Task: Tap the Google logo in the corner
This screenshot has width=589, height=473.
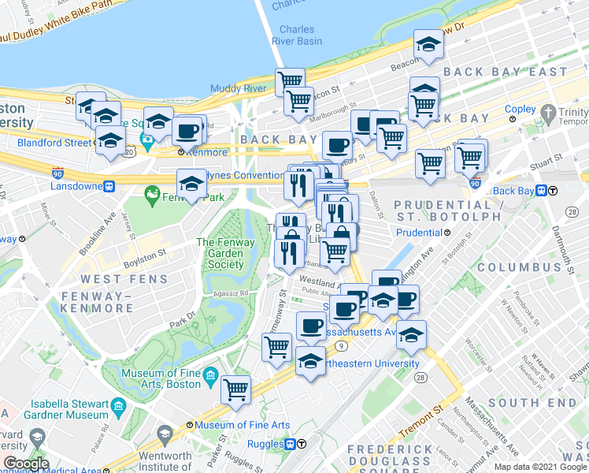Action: (x=26, y=464)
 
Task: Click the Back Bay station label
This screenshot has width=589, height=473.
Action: (x=513, y=191)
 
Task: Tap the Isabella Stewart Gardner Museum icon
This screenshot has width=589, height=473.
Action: (x=119, y=408)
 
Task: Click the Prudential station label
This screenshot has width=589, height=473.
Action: (x=418, y=233)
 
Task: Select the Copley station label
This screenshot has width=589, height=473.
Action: (x=520, y=109)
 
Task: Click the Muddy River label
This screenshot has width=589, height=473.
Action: (x=234, y=88)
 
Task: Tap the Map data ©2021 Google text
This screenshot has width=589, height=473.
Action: (x=539, y=467)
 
